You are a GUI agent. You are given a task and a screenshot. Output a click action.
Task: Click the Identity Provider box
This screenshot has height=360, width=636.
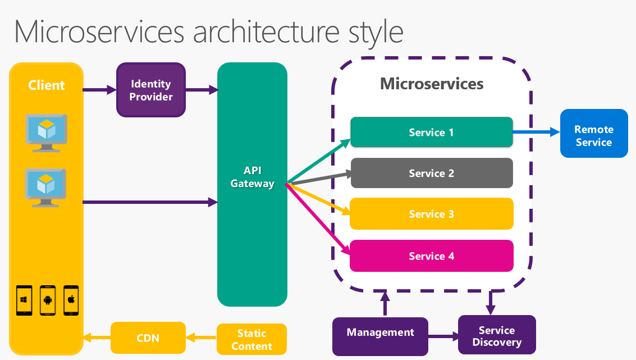(151, 90)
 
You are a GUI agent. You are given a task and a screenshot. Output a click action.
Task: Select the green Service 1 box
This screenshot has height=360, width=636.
(431, 133)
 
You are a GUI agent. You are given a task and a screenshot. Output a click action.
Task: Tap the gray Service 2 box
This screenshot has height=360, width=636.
(431, 173)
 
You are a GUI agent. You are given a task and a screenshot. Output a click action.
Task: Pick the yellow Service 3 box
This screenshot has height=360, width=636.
(431, 214)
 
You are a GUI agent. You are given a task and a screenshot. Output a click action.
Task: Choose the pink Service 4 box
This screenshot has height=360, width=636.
(431, 256)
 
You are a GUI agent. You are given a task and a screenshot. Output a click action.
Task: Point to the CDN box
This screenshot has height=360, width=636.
(148, 338)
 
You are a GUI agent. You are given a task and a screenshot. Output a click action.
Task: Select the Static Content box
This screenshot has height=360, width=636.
(251, 340)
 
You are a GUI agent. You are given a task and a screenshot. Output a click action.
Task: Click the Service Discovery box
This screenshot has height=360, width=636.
(496, 335)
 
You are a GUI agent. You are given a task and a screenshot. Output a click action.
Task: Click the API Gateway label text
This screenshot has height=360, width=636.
(252, 177)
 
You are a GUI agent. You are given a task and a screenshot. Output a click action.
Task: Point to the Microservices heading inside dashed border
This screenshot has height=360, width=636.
(431, 84)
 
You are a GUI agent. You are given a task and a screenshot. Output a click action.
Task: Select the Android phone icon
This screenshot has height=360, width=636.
(48, 300)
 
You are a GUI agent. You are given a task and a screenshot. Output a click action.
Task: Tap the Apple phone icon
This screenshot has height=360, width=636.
(71, 300)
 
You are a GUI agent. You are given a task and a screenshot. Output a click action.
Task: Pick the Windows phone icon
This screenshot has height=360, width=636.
(24, 300)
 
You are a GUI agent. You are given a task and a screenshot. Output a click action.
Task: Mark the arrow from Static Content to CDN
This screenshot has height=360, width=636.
(201, 338)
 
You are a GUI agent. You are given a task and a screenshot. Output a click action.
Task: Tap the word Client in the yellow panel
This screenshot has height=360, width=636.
(47, 85)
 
